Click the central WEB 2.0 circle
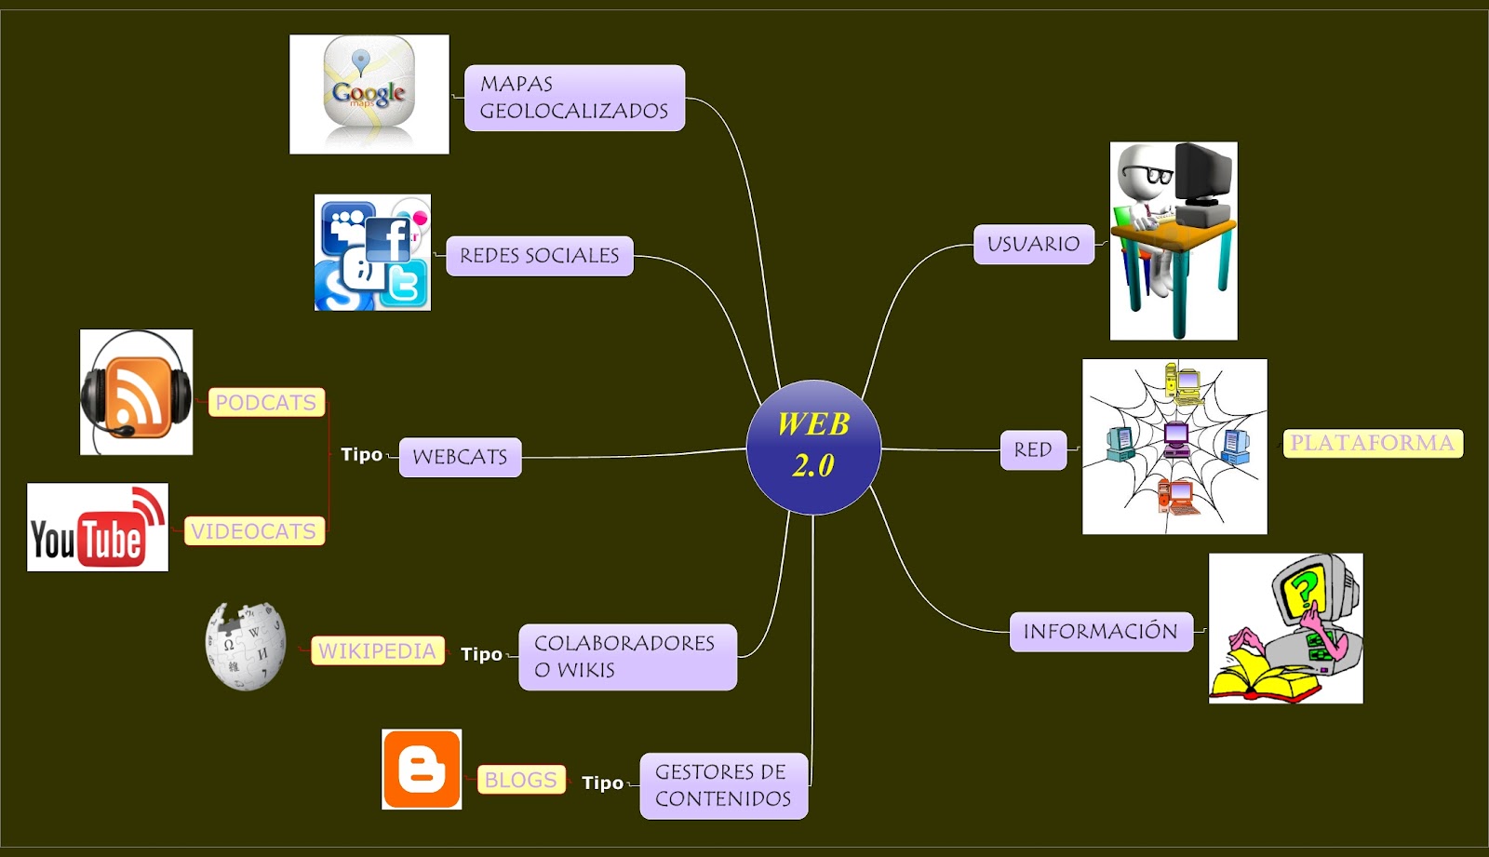click(813, 448)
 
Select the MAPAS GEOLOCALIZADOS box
click(574, 98)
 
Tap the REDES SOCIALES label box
click(539, 256)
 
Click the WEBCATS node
click(460, 457)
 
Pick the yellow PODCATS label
click(266, 402)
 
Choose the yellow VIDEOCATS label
click(255, 530)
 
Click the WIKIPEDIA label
click(378, 650)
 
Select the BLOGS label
click(521, 779)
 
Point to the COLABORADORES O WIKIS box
click(627, 657)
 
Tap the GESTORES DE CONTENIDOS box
click(724, 786)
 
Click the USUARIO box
click(1034, 244)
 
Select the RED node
click(1033, 450)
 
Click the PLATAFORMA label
click(1373, 444)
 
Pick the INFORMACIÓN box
click(1102, 632)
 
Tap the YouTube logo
click(98, 528)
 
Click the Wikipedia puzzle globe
click(246, 647)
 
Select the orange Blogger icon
click(422, 770)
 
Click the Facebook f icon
click(388, 239)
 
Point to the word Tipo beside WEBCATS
click(362, 455)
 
